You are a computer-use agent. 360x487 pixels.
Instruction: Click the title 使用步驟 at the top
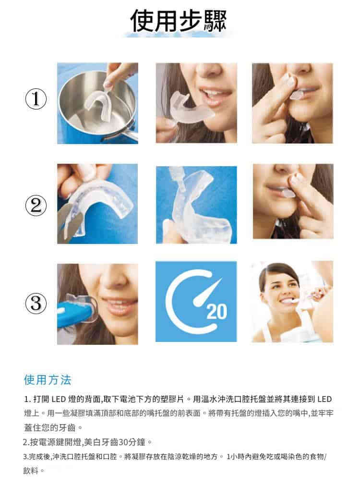tap(179, 21)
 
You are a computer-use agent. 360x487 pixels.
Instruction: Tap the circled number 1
tap(36, 99)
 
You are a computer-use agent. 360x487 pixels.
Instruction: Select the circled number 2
tap(36, 205)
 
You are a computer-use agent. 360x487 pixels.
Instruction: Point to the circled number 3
tap(36, 303)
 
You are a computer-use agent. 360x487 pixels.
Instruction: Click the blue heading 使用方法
tap(48, 380)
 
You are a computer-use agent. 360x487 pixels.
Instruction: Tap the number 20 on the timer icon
tap(216, 312)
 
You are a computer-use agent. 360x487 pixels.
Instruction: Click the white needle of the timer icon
tap(206, 292)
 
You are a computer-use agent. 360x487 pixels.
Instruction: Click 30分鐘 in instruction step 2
tap(132, 442)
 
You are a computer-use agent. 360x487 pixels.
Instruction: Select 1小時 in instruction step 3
tap(235, 457)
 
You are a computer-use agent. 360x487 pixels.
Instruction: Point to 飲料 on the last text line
tap(31, 471)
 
